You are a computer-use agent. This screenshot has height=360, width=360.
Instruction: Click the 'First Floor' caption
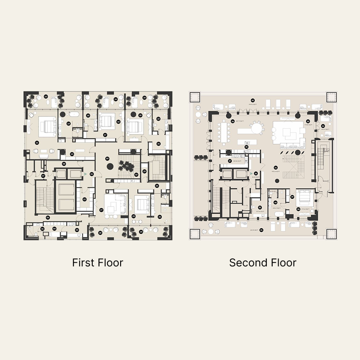click(98, 262)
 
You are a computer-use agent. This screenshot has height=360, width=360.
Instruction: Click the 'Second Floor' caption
click(263, 262)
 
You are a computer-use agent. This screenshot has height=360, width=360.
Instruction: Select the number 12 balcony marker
click(46, 97)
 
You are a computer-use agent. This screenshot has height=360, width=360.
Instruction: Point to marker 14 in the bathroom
click(69, 123)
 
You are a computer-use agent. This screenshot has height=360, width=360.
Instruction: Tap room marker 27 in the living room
click(102, 210)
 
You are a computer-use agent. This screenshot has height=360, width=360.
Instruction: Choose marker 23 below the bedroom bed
click(134, 216)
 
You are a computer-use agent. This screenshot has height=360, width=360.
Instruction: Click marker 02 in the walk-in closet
click(84, 199)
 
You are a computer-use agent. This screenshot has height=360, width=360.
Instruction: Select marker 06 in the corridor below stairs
click(47, 217)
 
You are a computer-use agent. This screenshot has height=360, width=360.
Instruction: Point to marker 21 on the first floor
click(159, 144)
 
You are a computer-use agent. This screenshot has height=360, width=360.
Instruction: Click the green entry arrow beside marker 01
click(85, 173)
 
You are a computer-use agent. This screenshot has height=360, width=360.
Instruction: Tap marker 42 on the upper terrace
click(253, 100)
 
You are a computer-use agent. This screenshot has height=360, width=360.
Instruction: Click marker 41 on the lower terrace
click(261, 230)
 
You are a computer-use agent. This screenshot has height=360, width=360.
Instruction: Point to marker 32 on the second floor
click(247, 147)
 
